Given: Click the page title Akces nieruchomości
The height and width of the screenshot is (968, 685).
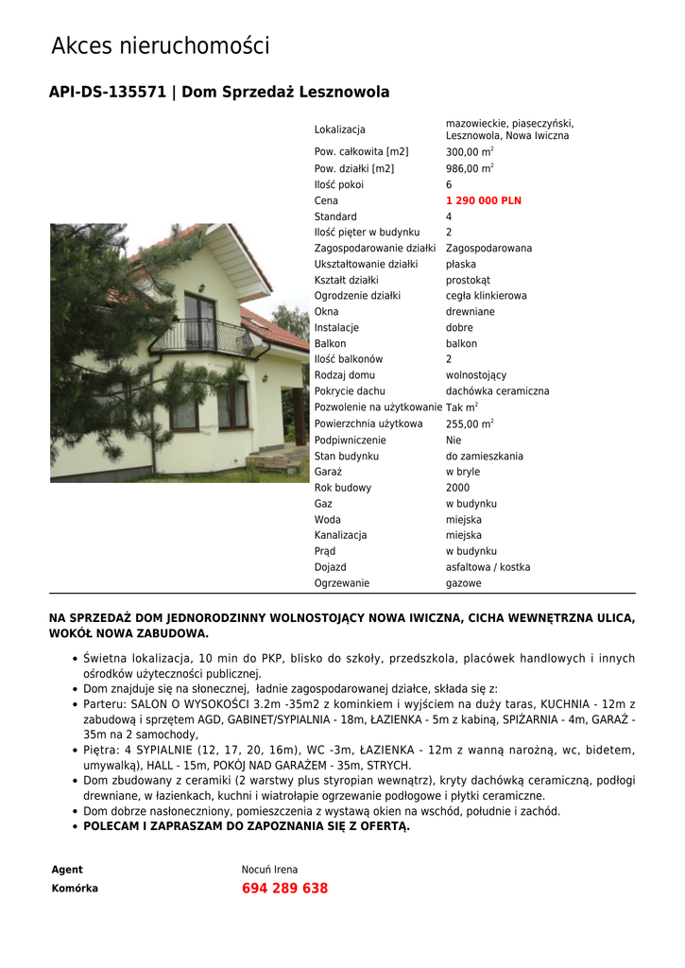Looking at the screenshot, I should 160,45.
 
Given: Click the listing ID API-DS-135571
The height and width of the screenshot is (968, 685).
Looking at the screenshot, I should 107,93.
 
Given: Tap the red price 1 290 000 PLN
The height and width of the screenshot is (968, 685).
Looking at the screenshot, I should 483,201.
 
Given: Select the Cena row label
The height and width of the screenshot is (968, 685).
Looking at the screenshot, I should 326,201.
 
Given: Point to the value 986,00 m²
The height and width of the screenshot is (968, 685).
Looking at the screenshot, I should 469,169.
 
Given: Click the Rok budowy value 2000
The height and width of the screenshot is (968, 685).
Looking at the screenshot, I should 457,488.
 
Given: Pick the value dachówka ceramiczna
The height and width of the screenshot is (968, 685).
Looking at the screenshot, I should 497,391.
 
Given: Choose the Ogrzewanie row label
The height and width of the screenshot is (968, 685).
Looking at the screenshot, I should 342,583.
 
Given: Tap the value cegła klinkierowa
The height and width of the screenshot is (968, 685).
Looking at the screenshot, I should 486,296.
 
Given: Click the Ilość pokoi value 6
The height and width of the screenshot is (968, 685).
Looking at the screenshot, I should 449,185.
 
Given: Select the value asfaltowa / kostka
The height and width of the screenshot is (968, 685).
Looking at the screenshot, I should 488,567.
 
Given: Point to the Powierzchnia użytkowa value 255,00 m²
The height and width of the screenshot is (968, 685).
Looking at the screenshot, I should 469,424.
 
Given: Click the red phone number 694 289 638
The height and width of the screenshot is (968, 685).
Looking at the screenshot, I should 284,889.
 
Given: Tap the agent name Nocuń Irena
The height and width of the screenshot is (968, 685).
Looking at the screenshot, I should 269,870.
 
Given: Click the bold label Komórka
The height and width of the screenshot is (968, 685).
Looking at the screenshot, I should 75,889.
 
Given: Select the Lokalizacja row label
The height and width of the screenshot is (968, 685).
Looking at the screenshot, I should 339,130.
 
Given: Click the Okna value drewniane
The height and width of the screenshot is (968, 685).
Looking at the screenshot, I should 470,312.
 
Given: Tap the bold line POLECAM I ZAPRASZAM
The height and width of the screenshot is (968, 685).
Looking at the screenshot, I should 246,826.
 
